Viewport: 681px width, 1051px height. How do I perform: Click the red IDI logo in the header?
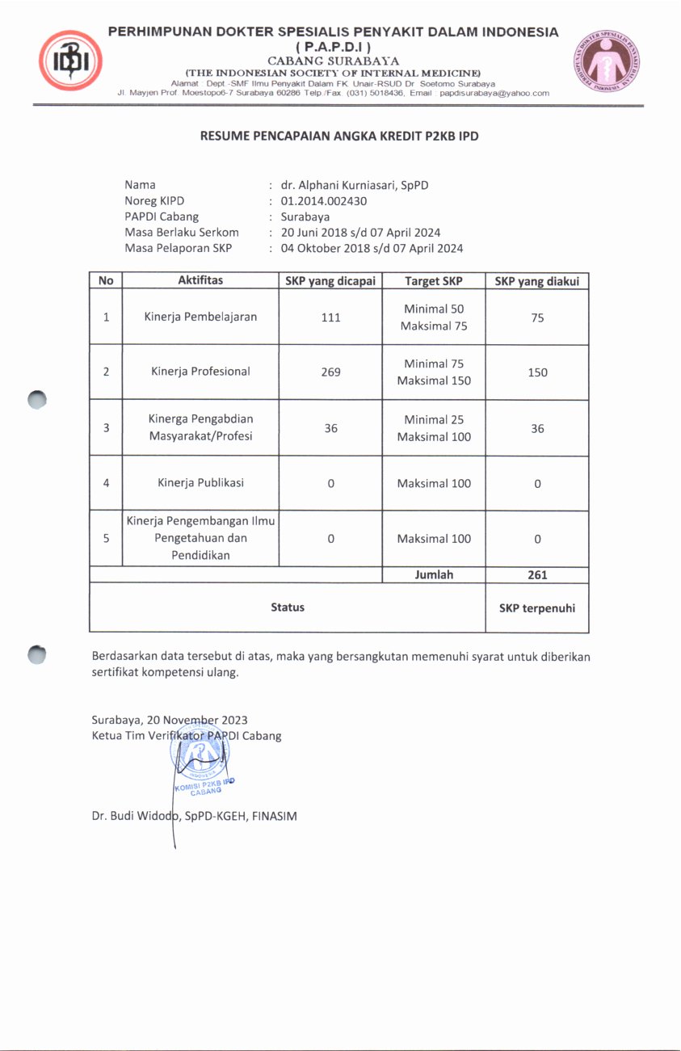pos(70,61)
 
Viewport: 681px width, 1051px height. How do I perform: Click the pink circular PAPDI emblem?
pos(607,61)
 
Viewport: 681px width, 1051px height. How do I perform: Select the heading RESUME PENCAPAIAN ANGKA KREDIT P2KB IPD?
pos(339,137)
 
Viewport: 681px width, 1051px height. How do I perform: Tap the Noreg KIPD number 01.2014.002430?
pos(323,201)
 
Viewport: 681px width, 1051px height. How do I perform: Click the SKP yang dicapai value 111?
pos(330,317)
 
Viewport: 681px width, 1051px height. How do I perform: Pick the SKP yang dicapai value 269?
pos(330,372)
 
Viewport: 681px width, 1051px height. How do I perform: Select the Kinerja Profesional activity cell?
pos(200,372)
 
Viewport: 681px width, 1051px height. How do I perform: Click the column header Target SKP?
pos(433,281)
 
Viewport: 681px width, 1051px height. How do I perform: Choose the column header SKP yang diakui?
pos(537,281)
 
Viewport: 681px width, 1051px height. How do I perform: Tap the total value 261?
pos(537,575)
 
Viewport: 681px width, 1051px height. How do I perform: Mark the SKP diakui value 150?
pos(537,372)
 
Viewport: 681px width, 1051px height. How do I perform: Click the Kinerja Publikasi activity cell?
pos(200,483)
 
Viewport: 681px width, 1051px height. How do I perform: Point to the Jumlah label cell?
pos(433,575)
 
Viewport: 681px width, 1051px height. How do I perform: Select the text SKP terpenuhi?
pos(537,608)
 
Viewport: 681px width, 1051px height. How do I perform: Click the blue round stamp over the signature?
pos(198,759)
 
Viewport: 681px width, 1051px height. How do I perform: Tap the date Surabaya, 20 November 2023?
pos(170,720)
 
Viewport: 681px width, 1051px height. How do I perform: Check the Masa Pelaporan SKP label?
pos(178,248)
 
